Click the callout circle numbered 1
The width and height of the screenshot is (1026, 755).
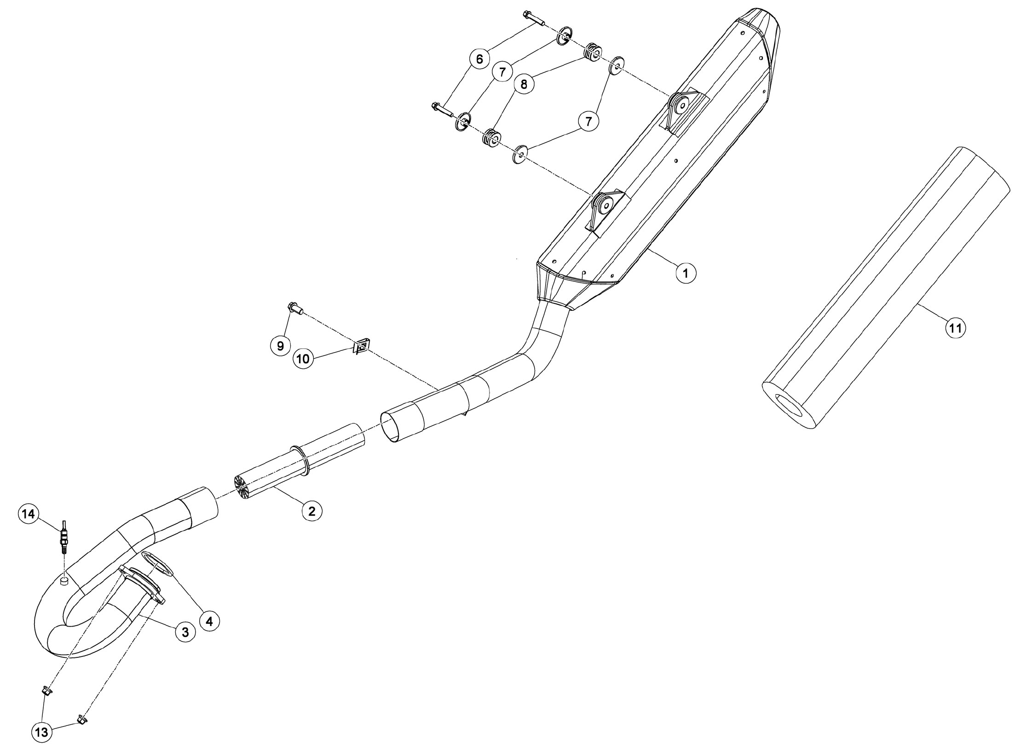click(686, 273)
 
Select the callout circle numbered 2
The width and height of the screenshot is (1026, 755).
click(312, 511)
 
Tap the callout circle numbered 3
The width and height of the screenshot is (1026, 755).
click(185, 633)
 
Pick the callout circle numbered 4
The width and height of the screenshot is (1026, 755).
click(209, 621)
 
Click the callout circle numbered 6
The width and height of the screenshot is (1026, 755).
click(480, 59)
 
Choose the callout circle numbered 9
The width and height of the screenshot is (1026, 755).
click(280, 345)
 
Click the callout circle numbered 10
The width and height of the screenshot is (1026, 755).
click(304, 359)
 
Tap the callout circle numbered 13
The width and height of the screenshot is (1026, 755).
click(41, 732)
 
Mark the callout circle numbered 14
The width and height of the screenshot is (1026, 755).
click(29, 513)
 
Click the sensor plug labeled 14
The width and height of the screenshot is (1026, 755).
click(64, 537)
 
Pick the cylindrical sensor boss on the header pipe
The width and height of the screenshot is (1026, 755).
click(64, 581)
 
